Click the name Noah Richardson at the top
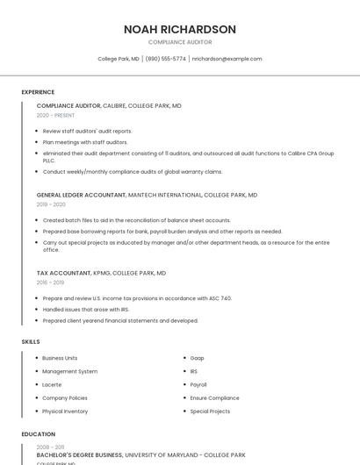(180, 29)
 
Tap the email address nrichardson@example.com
(227, 59)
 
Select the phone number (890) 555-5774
(166, 59)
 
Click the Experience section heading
(38, 91)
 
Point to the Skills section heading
(31, 340)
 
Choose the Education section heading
(38, 433)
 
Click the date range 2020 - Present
(55, 115)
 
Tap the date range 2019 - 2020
(51, 204)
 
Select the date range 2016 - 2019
(50, 283)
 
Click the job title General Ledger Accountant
(81, 195)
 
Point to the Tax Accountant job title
(63, 273)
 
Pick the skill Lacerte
(52, 384)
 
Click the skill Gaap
(198, 358)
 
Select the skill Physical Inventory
(65, 411)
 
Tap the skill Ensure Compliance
(214, 397)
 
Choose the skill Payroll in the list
(198, 384)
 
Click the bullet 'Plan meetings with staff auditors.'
(85, 141)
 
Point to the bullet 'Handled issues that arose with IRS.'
(86, 310)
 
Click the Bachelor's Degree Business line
(79, 455)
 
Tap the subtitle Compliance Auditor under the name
(180, 42)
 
